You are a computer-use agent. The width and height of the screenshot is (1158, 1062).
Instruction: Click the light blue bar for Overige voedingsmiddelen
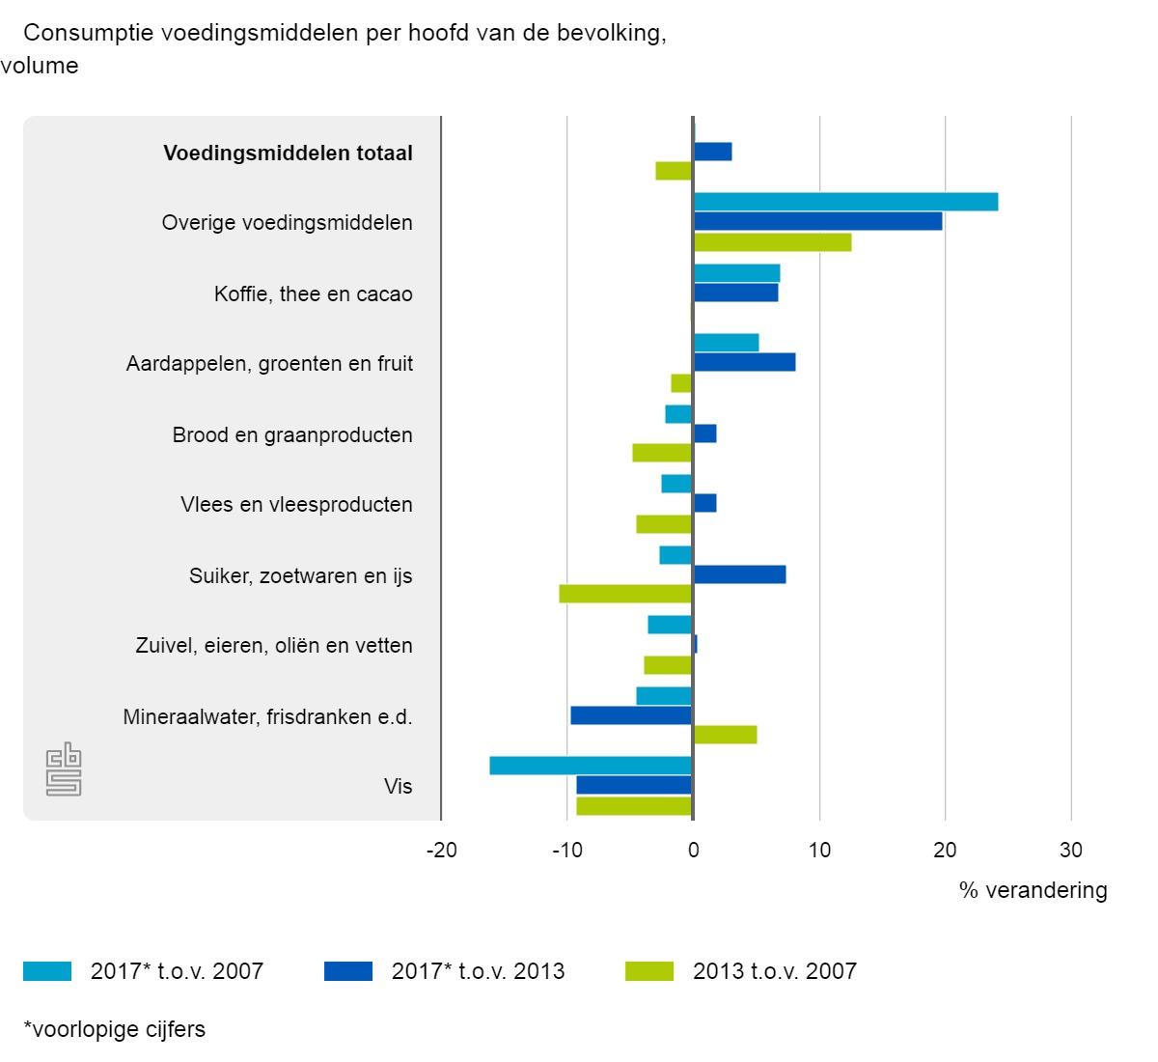point(845,202)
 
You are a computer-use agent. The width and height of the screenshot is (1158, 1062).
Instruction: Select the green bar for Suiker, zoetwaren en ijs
point(625,594)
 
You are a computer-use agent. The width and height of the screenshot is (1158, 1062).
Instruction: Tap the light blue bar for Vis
point(591,766)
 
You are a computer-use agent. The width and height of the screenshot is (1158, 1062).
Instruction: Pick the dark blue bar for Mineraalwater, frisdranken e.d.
point(631,715)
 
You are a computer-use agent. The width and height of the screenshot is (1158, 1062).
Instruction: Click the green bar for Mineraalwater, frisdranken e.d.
point(725,735)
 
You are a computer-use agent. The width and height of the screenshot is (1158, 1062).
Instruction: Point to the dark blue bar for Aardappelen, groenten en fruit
point(744,362)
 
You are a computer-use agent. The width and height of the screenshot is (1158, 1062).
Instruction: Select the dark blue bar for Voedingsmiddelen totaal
point(712,152)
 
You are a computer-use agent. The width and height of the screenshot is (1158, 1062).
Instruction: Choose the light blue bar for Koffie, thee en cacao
point(736,273)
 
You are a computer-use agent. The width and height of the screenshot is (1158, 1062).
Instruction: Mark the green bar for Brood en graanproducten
point(662,453)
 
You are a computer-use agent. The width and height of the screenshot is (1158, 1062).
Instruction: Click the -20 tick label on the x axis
point(441,851)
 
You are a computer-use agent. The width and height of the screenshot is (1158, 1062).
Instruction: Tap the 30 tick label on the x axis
point(1071,851)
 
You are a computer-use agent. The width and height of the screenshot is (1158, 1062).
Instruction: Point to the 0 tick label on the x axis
point(693,851)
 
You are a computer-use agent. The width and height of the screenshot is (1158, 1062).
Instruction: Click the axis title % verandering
point(1034,890)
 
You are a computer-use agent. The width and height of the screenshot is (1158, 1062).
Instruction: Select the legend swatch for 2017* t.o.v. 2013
point(347,971)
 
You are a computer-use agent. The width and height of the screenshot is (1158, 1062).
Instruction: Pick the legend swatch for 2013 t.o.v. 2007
point(649,971)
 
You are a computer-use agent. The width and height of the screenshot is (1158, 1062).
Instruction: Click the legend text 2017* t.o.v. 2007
point(177,971)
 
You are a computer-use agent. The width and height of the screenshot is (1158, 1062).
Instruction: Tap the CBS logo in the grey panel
point(64,769)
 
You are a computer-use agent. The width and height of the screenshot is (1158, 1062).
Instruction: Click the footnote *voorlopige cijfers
point(114,1029)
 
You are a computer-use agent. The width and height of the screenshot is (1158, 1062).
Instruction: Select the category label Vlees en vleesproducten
point(296,505)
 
